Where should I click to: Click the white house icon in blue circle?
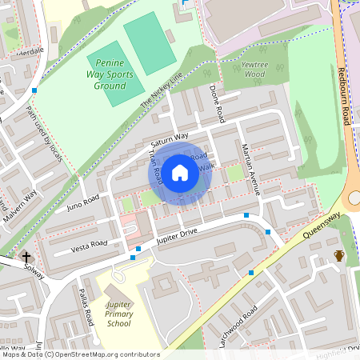pyautogui.click(x=180, y=171)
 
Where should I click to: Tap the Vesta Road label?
pyautogui.click(x=88, y=243)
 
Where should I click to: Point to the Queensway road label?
pyautogui.click(x=322, y=226)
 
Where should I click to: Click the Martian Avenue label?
pyautogui.click(x=251, y=169)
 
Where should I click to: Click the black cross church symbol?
pyautogui.click(x=26, y=257)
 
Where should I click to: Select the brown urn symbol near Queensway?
pyautogui.click(x=339, y=256)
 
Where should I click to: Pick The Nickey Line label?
pyautogui.click(x=162, y=88)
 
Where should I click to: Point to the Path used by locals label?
pyautogui.click(x=45, y=134)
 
